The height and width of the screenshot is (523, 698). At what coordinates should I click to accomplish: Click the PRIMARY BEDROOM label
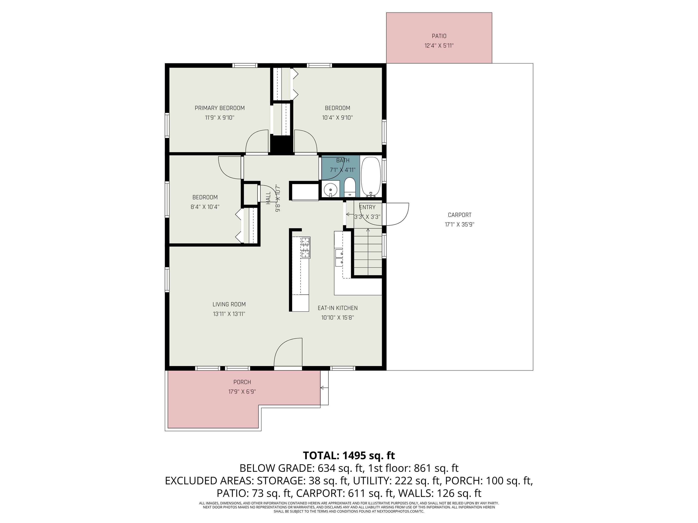pyautogui.click(x=220, y=108)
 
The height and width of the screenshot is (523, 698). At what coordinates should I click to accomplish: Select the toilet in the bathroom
pyautogui.click(x=350, y=187)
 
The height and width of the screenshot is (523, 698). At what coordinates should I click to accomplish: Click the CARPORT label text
pyautogui.click(x=459, y=215)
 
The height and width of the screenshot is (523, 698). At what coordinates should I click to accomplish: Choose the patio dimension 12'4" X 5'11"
pyautogui.click(x=439, y=46)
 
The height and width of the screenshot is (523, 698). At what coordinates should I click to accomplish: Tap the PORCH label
pyautogui.click(x=242, y=382)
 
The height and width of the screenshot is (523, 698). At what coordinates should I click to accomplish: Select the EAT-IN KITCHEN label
pyautogui.click(x=338, y=308)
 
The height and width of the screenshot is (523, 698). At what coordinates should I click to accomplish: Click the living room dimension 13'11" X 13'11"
pyautogui.click(x=229, y=314)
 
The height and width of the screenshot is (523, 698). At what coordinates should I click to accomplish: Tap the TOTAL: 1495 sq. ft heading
pyautogui.click(x=349, y=456)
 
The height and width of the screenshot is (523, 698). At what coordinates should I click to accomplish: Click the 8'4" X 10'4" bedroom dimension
pyautogui.click(x=205, y=207)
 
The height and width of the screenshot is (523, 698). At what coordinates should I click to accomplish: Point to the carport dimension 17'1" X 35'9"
pyautogui.click(x=459, y=225)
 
